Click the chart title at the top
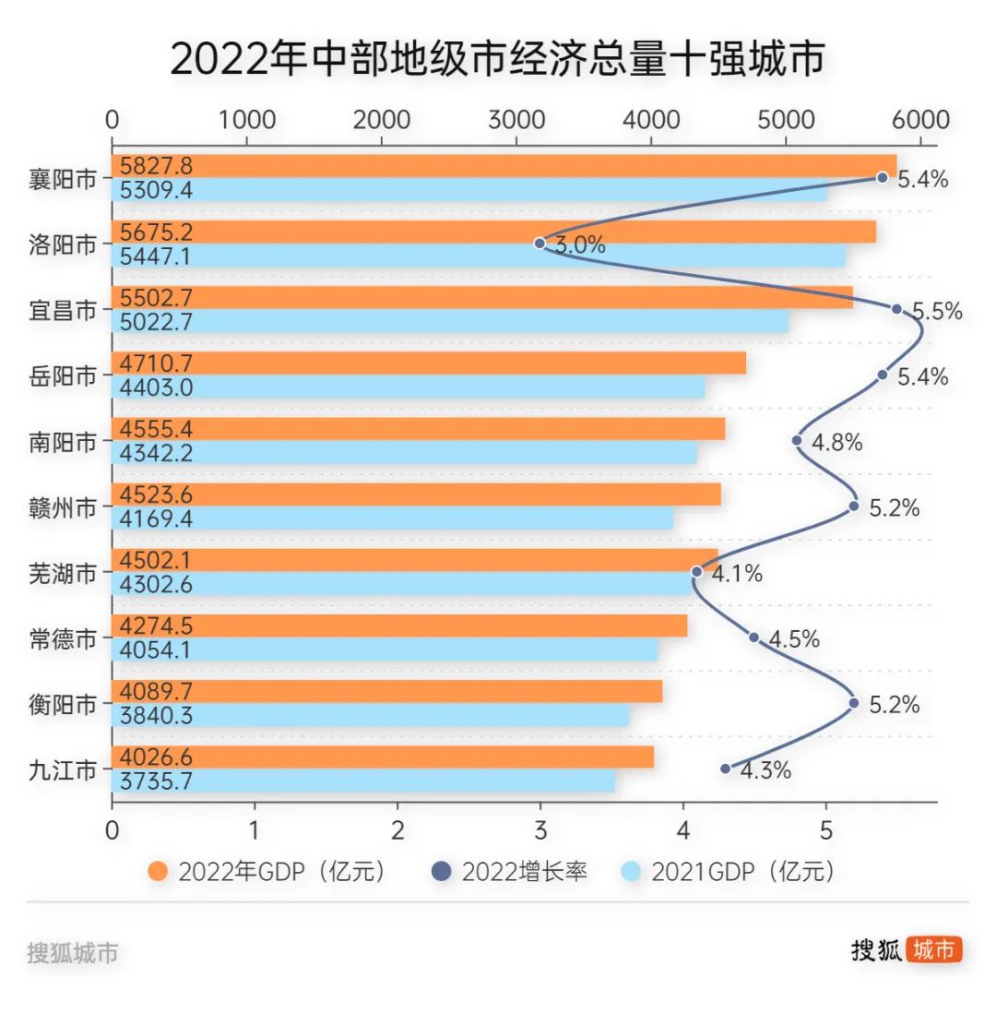point(497,60)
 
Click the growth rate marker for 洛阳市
point(540,244)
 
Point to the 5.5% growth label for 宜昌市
point(937,311)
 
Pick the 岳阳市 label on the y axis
point(63,376)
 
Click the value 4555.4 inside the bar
point(156,429)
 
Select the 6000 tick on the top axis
point(920,121)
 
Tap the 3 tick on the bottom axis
point(540,829)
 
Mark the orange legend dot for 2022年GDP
point(159,872)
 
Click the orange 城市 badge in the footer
point(933,950)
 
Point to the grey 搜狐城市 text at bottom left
point(73,953)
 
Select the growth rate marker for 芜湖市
point(696,572)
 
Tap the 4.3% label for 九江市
point(765,770)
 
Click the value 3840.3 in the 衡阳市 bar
point(156,715)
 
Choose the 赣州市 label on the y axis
point(63,507)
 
